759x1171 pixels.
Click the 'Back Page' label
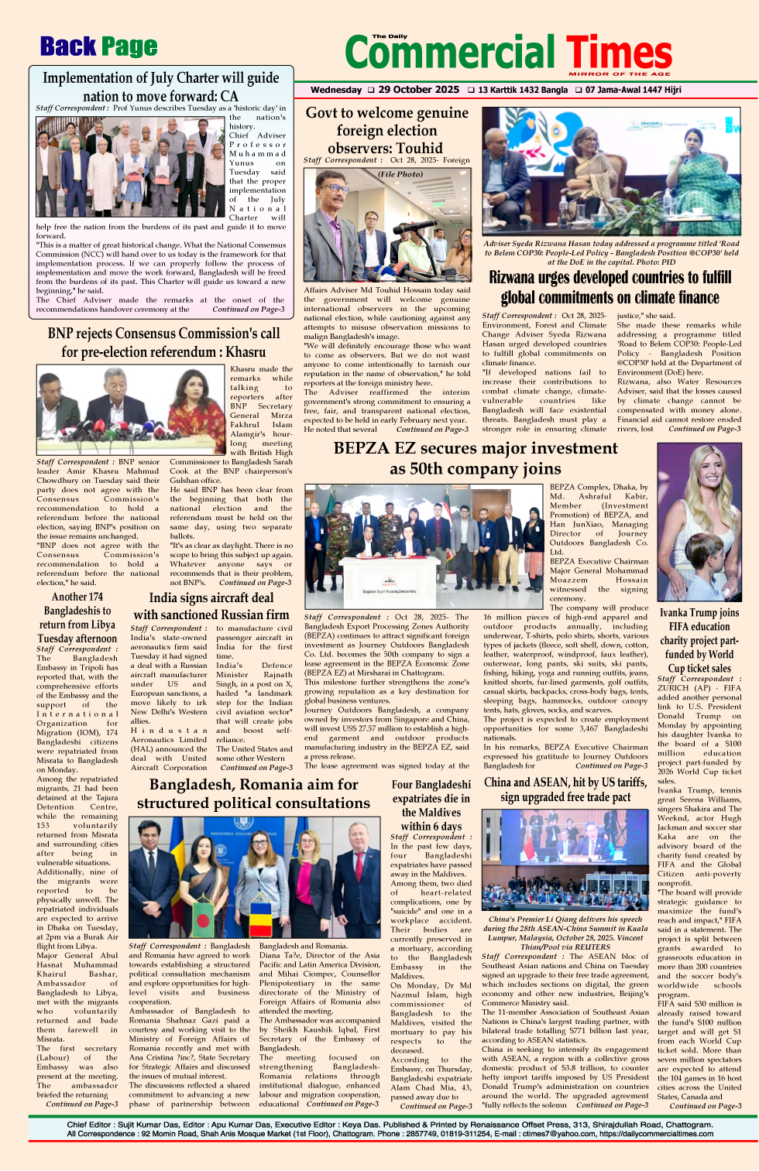tap(98, 47)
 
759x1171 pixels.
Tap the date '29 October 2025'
tap(418, 90)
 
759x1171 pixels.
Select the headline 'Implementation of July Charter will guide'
tap(160, 78)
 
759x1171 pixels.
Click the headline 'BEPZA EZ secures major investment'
tap(476, 448)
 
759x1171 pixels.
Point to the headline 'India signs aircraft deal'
tap(211, 597)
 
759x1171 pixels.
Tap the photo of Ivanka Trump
tap(699, 522)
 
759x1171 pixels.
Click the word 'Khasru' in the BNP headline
tap(246, 352)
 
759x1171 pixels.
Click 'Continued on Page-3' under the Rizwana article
tap(704, 429)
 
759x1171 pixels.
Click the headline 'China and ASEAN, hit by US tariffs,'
tap(565, 782)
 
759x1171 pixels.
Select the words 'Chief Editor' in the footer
tap(88, 1125)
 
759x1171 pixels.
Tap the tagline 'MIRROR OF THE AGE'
tap(620, 74)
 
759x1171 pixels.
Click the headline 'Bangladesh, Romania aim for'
tap(254, 784)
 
